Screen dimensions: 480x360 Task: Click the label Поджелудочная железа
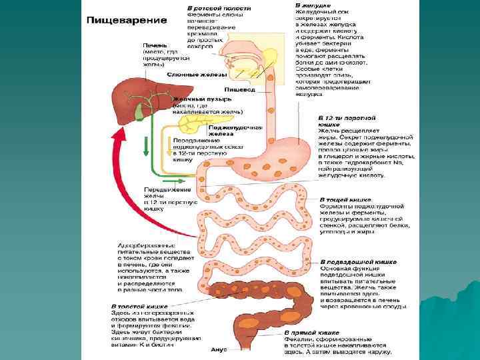tap(226, 129)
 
